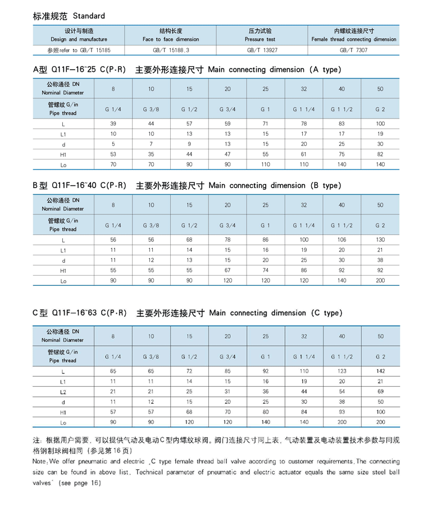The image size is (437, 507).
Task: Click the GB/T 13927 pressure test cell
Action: pos(262,50)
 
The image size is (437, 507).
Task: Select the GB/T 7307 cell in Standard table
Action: pos(354,50)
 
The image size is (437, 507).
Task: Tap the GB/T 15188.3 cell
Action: pos(171,50)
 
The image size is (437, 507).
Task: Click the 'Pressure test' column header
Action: pos(260,39)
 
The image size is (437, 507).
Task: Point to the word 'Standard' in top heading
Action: pos(89,16)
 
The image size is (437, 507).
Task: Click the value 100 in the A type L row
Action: pos(380,124)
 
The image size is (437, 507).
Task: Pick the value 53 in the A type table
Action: pos(113,154)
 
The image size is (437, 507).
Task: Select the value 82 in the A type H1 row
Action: pos(380,154)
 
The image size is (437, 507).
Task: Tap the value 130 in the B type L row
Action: pos(380,240)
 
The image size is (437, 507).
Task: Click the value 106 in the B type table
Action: pos(342,240)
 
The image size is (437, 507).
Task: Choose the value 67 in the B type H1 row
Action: pos(227,270)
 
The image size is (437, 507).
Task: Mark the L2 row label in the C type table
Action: pos(63,391)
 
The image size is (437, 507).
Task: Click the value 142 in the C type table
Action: pos(380,371)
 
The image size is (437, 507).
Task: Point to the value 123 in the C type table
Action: pos(342,371)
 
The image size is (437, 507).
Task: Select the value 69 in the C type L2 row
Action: pos(380,391)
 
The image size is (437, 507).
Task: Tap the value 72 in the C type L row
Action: pos(189,371)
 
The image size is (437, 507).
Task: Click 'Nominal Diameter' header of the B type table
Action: pos(63,209)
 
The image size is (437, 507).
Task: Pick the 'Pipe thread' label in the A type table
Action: pos(63,113)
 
